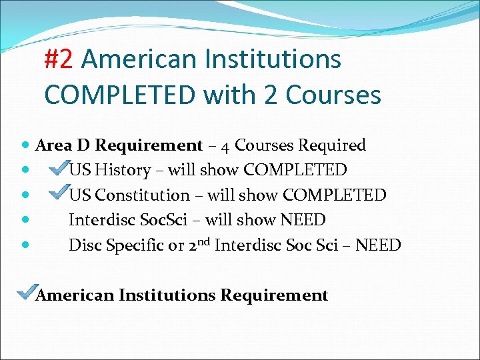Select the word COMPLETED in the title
[120, 95]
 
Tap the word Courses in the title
[333, 95]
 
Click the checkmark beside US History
[59, 169]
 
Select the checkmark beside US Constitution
[59, 194]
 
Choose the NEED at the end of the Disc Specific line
[378, 245]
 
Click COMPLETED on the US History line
[296, 170]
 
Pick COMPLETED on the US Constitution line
[335, 195]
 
